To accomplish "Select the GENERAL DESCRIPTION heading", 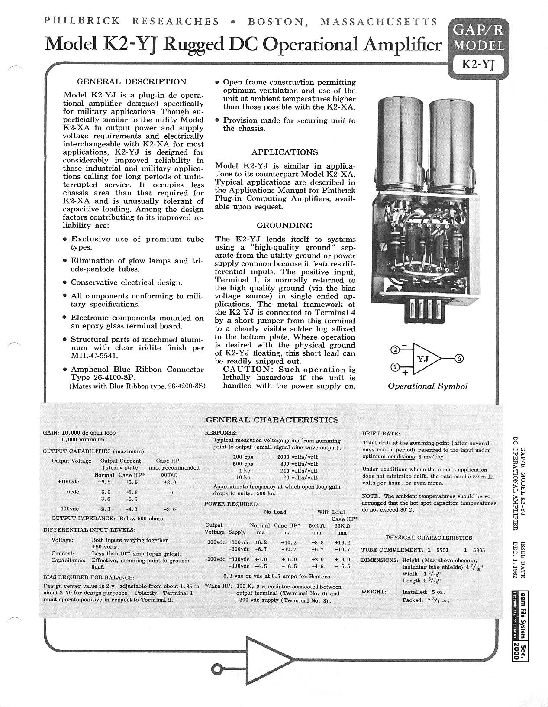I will (x=131, y=81).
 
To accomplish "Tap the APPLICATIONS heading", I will (x=285, y=152).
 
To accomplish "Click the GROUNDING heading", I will (x=284, y=225).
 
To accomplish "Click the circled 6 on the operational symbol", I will (x=459, y=358).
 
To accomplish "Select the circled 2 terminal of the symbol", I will (x=395, y=350).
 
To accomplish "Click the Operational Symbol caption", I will (x=428, y=386).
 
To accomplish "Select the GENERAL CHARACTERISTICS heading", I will (x=272, y=420).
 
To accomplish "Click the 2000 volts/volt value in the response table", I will (x=297, y=457).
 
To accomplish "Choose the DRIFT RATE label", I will (x=380, y=434).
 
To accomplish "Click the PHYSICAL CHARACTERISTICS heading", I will (x=429, y=538).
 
